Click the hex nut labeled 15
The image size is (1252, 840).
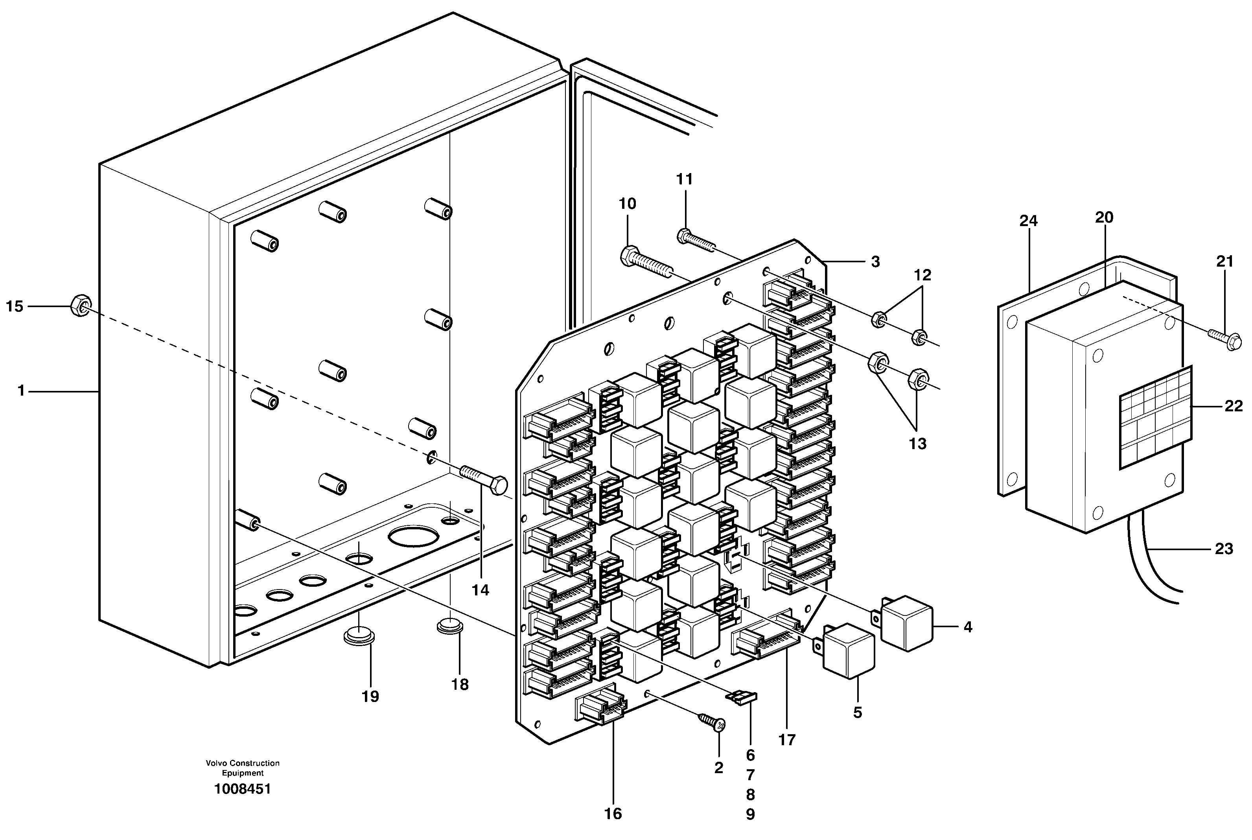(x=80, y=306)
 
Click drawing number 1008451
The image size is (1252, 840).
(x=243, y=789)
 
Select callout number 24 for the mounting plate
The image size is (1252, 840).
(x=1028, y=221)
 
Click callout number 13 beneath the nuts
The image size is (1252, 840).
(x=917, y=444)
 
